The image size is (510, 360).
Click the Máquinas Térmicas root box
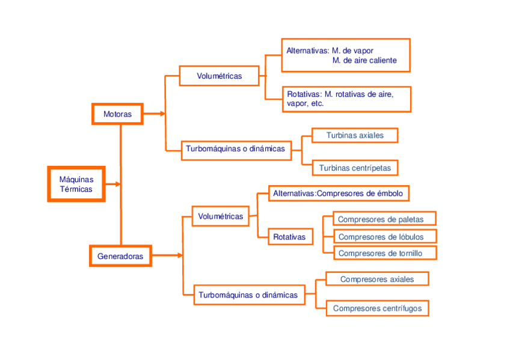click(76, 184)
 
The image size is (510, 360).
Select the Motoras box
click(117, 113)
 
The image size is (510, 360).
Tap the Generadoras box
click(120, 256)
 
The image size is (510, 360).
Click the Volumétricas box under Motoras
click(220, 76)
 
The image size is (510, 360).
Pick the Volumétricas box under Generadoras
click(221, 216)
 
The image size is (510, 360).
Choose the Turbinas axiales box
click(355, 135)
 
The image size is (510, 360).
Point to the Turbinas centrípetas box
click(355, 168)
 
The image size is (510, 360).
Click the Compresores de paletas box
click(380, 219)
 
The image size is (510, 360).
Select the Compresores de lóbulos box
click(380, 236)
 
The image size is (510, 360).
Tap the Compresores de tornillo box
click(380, 253)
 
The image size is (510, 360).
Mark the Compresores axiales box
click(377, 279)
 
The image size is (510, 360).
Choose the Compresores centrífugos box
click(377, 308)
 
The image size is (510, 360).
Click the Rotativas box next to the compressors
click(289, 237)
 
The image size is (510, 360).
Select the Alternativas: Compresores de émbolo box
click(338, 193)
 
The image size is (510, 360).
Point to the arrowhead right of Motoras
click(162, 113)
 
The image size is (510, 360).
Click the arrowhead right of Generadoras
click(179, 255)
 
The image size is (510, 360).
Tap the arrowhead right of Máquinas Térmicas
click(117, 184)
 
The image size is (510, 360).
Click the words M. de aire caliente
click(364, 61)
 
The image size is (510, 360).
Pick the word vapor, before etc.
click(296, 103)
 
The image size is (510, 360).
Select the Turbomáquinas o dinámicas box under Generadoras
click(248, 295)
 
